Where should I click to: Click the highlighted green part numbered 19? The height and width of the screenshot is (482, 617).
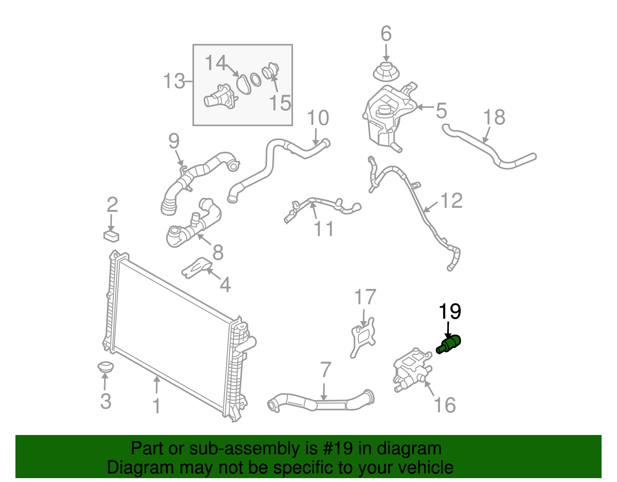[449, 345]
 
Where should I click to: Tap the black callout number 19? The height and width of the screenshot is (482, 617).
[450, 311]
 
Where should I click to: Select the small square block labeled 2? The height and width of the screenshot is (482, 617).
[111, 235]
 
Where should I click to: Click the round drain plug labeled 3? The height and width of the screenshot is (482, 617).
[105, 367]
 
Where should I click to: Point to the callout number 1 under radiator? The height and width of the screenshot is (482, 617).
[156, 406]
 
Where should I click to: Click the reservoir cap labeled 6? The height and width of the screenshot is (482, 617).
[386, 73]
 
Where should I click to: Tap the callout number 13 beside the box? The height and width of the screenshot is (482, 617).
[174, 81]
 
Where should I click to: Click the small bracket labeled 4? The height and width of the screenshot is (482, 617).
[197, 267]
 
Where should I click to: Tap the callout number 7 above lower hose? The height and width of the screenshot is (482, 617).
[325, 370]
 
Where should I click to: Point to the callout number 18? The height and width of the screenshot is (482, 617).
[494, 117]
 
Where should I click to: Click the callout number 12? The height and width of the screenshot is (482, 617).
[451, 200]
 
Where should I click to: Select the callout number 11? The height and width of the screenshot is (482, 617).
[324, 228]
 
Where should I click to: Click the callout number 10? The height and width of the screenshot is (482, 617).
[318, 118]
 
